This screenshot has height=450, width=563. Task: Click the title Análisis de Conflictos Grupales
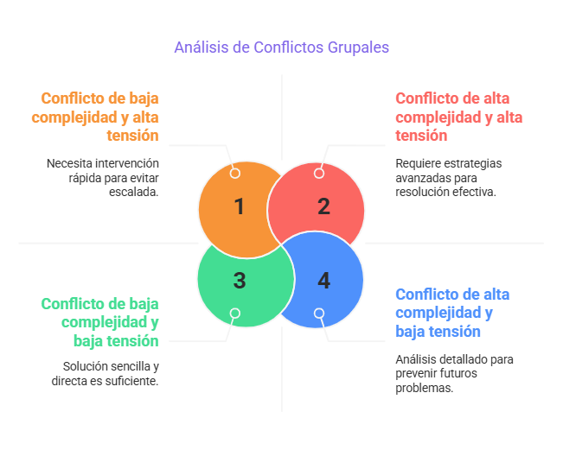point(281,48)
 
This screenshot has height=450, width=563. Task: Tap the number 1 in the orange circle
point(240,206)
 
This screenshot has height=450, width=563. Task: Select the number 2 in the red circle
point(323,206)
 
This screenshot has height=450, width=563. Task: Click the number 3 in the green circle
point(240,281)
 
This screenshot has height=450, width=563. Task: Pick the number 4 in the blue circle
point(323,281)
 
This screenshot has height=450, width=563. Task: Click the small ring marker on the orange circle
point(234,173)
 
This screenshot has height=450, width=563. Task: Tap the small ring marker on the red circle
point(319,173)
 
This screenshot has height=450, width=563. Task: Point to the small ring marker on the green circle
point(234,313)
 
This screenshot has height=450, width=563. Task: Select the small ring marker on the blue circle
point(319,313)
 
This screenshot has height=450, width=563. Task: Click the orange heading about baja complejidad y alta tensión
point(99,117)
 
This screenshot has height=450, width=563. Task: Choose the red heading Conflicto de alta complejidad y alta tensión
point(459,117)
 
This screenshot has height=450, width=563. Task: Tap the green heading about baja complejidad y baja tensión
point(99,322)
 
